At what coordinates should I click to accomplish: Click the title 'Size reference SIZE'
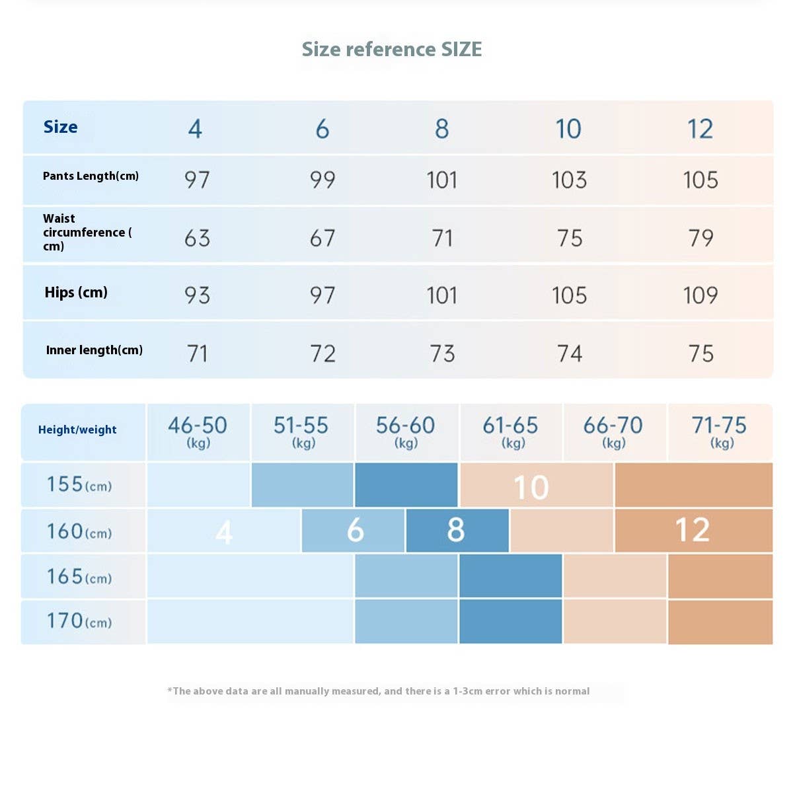(392, 50)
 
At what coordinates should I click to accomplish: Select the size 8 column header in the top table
(442, 129)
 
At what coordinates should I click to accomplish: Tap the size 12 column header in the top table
(700, 129)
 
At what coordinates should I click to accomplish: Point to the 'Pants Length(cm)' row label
(91, 176)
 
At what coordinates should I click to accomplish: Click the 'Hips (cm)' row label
(76, 293)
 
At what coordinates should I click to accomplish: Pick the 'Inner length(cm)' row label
(94, 350)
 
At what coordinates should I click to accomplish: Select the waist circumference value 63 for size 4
(197, 238)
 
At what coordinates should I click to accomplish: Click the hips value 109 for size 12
(700, 295)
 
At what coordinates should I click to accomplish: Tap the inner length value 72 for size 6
(322, 354)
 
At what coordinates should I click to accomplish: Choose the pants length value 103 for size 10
(569, 180)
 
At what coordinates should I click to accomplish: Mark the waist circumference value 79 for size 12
(700, 238)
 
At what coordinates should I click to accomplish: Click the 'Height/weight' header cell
(77, 430)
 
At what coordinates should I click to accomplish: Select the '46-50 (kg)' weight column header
(198, 432)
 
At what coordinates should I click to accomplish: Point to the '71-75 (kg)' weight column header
(719, 432)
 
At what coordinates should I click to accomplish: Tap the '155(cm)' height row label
(79, 485)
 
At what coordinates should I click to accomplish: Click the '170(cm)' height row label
(79, 621)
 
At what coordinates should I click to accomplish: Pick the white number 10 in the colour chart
(531, 488)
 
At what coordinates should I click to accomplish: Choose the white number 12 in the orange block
(692, 530)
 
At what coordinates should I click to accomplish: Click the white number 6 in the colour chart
(355, 530)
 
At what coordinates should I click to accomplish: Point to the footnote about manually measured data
(379, 691)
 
